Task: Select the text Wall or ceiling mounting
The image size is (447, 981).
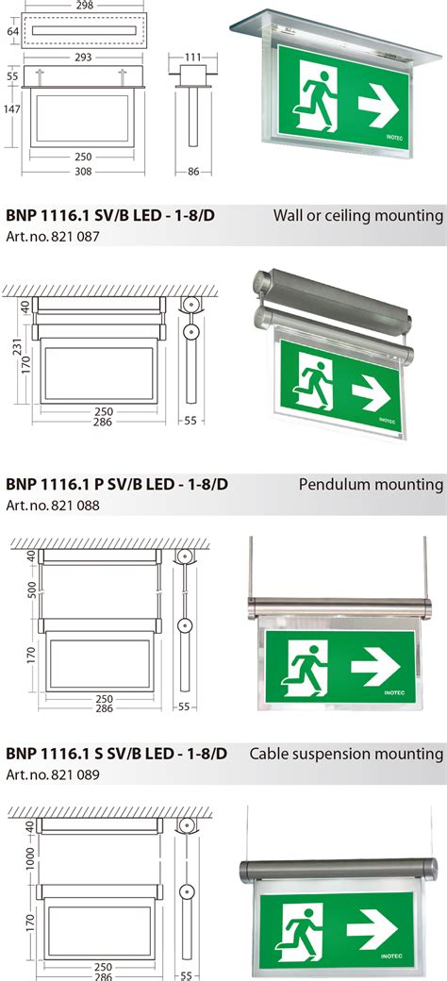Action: pyautogui.click(x=357, y=216)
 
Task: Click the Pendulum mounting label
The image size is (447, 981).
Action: pyautogui.click(x=371, y=485)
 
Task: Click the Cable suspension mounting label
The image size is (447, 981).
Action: pyautogui.click(x=346, y=754)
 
